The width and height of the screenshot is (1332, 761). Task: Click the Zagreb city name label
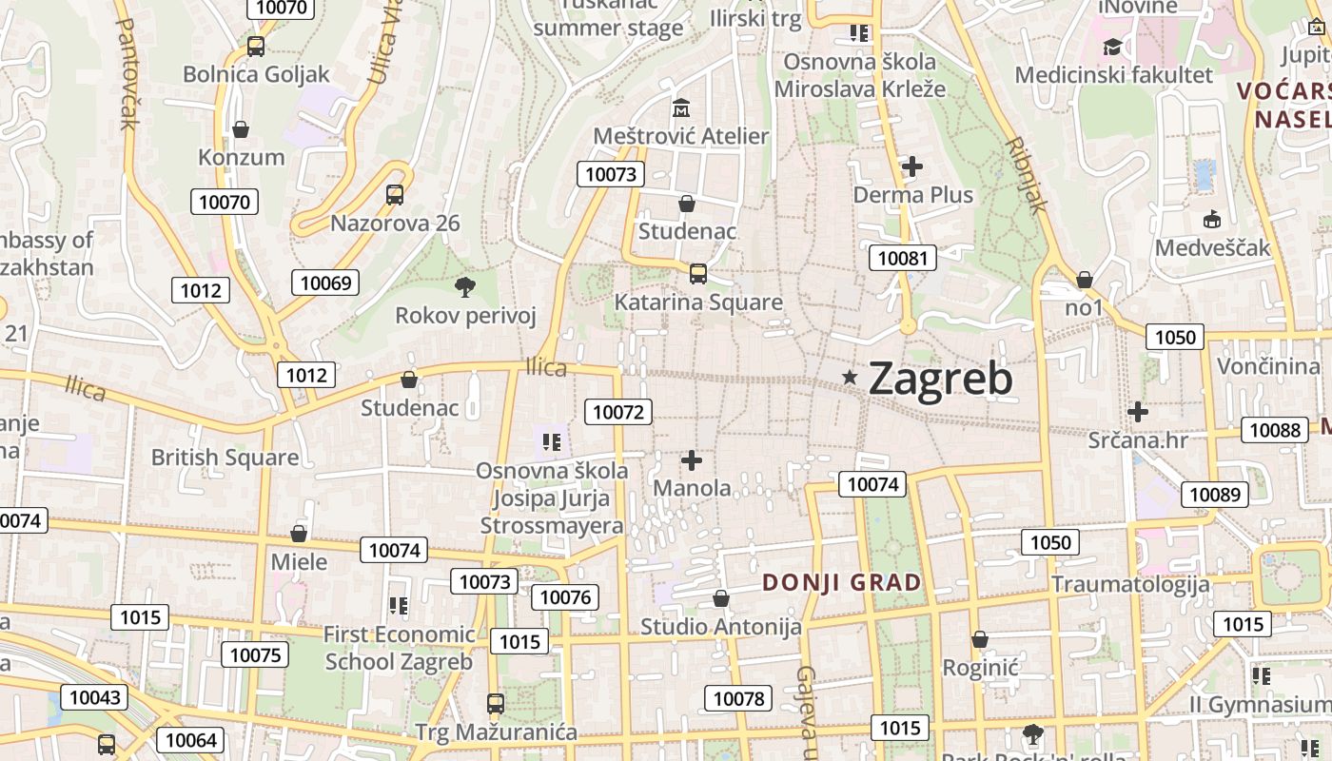940,379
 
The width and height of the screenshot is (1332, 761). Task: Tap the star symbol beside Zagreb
850,378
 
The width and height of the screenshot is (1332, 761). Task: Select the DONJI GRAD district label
842,582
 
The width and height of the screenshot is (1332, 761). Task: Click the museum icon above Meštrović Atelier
680,107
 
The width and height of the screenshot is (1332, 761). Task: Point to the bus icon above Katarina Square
698,274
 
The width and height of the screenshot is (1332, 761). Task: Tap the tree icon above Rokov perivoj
465,286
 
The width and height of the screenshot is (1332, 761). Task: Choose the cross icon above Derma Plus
912,167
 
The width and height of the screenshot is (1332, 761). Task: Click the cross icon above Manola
692,461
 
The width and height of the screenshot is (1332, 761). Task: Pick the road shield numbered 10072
617,412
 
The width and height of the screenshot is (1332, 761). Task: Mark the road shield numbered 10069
325,283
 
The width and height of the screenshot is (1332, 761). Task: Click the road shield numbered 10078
738,699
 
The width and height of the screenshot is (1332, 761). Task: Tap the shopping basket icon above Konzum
241,129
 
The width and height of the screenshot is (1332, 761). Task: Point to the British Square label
225,458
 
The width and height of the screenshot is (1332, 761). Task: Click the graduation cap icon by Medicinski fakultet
1111,47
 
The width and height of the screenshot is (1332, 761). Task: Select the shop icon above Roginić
980,639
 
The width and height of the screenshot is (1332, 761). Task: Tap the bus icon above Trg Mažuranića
496,704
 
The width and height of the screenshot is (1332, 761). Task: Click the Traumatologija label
1130,584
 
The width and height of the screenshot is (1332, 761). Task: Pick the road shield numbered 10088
1275,430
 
